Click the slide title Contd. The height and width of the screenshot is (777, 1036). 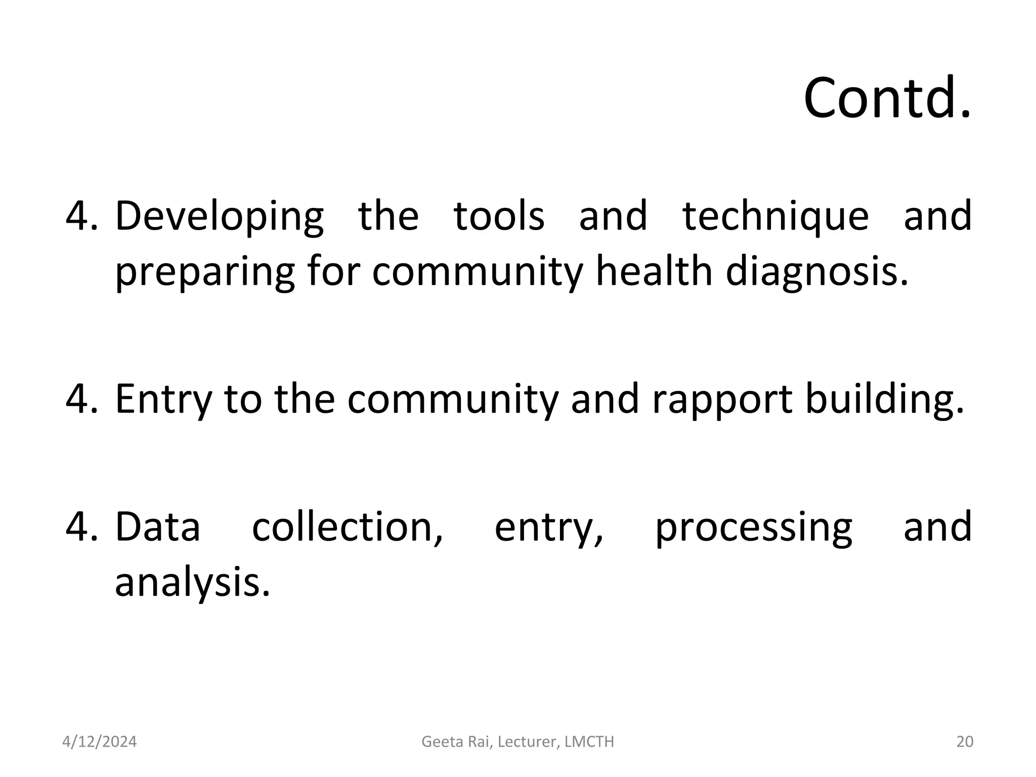tap(887, 98)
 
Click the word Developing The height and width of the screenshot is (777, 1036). tap(219, 217)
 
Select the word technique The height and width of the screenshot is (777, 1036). tap(775, 217)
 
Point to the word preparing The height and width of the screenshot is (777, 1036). tap(205, 272)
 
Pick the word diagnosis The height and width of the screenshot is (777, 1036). tap(816, 272)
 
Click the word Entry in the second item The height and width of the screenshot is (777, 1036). tap(162, 399)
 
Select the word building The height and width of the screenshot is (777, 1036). tap(884, 399)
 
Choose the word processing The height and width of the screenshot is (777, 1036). tap(753, 528)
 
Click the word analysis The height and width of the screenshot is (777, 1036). tap(192, 583)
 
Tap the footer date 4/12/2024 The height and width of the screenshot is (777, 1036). tap(99, 742)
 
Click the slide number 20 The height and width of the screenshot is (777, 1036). tap(965, 742)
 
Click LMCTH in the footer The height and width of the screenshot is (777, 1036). tap(589, 742)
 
